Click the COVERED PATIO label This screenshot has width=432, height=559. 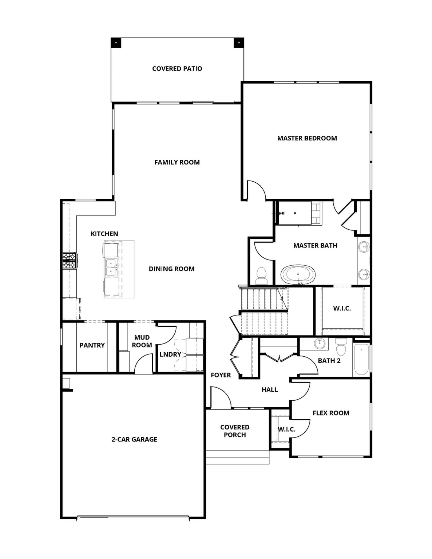[177, 68]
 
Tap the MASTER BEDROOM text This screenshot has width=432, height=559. [307, 138]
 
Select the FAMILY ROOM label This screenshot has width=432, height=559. [177, 162]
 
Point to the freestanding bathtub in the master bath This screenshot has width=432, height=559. [298, 274]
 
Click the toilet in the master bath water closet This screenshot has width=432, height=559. [262, 275]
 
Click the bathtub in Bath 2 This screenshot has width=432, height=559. [361, 359]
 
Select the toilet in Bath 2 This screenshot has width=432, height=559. [341, 347]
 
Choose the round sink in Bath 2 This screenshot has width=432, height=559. [320, 343]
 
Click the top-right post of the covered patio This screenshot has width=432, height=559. [239, 43]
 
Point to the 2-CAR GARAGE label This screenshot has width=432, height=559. [134, 439]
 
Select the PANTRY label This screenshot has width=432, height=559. [92, 345]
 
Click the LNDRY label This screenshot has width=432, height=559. [170, 354]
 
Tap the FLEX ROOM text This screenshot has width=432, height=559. [331, 413]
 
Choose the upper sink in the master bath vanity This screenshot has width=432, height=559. [364, 247]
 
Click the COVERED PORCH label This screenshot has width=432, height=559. [235, 431]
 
